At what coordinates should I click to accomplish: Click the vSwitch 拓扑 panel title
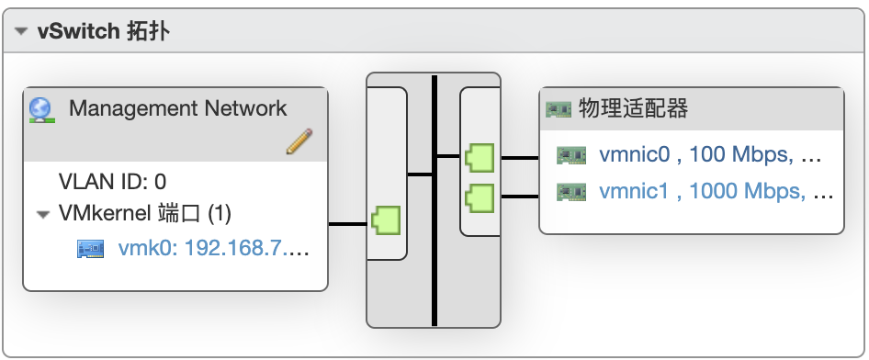(x=103, y=32)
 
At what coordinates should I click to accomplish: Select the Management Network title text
(x=178, y=108)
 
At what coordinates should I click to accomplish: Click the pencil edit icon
(x=299, y=141)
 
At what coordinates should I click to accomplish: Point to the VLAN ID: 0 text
(x=112, y=182)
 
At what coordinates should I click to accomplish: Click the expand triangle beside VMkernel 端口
(x=42, y=215)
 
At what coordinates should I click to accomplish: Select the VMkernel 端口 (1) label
(x=145, y=214)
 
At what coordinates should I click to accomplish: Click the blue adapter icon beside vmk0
(x=90, y=248)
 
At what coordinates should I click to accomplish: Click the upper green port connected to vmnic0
(x=480, y=158)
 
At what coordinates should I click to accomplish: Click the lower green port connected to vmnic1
(x=480, y=197)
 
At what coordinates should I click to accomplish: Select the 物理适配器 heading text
(x=634, y=109)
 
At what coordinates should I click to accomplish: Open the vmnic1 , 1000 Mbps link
(x=716, y=192)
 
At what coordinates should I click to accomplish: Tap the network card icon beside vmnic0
(x=571, y=156)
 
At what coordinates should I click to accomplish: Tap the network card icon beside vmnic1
(x=571, y=193)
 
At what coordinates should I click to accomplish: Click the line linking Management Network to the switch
(x=349, y=223)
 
